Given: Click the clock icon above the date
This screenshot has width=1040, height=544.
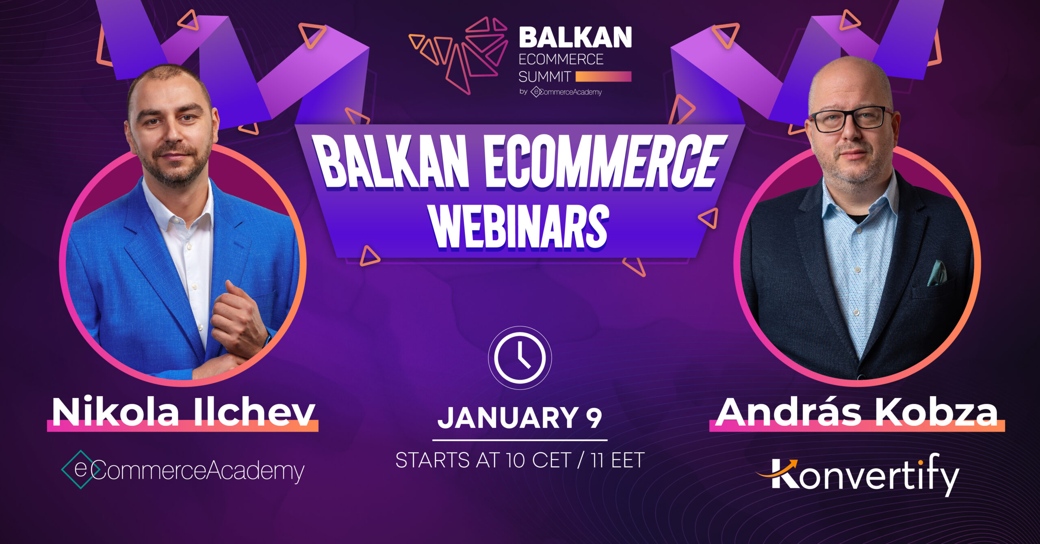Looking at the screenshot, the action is pos(520,358).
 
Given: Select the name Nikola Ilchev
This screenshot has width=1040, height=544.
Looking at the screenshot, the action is pos(183,412).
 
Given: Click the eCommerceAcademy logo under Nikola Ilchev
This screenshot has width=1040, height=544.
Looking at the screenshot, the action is pos(183,470).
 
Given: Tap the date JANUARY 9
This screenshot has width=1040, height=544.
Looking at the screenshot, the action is pos(520,418).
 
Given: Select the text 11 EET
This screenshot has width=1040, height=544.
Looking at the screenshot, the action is pos(618,460).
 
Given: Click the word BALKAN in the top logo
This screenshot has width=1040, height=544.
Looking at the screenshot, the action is pos(575,37).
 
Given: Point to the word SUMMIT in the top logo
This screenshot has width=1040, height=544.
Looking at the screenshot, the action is pos(545,77).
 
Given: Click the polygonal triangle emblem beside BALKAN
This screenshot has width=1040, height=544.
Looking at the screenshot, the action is pos(458,55).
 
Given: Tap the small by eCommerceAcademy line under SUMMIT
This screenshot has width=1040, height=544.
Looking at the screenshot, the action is pos(561,92).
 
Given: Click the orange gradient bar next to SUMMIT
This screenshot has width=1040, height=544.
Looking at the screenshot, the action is pos(604,76).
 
